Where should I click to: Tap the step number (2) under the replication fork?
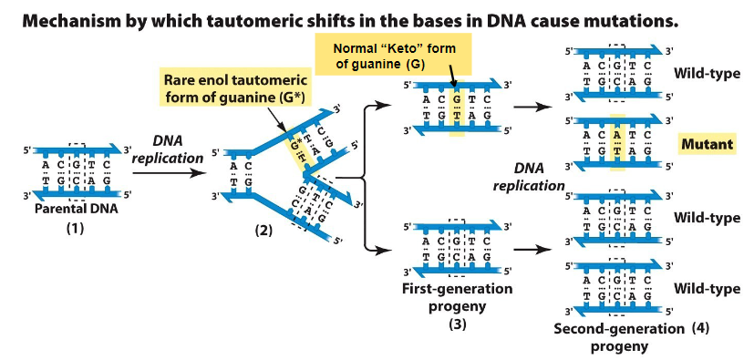[x=263, y=229]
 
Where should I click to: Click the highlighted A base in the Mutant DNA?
[x=617, y=134]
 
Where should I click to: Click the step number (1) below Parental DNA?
[x=75, y=229]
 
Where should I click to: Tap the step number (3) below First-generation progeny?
[x=457, y=324]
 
